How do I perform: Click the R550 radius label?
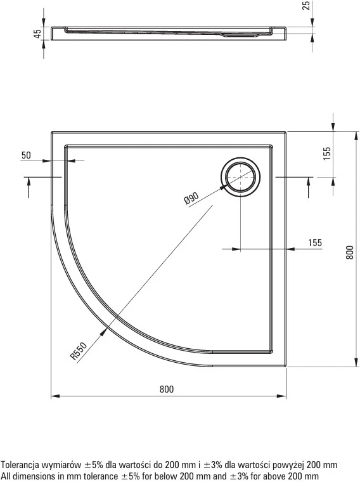click(79, 351)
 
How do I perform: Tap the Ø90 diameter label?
click(191, 198)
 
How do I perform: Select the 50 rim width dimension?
click(26, 155)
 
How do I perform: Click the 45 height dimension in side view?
click(37, 33)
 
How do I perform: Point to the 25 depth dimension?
click(306, 6)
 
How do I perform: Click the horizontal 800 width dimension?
click(167, 389)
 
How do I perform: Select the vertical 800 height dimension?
click(350, 252)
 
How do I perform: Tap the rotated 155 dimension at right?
click(327, 153)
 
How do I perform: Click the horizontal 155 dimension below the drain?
click(315, 242)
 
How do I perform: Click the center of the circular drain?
click(240, 177)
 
